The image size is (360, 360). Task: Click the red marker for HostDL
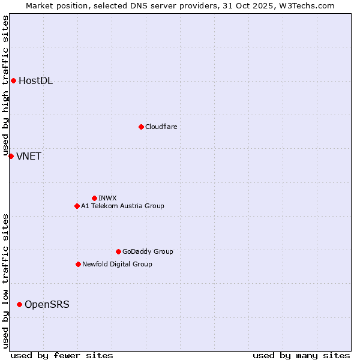(x=13, y=80)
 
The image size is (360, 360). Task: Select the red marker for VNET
(x=11, y=156)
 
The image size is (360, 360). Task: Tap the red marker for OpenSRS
(x=19, y=304)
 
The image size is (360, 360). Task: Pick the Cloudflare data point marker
(x=141, y=127)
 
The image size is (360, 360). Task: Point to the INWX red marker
(x=94, y=198)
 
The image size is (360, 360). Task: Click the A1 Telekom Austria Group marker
(x=77, y=206)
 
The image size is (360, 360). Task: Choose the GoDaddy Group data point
(x=118, y=251)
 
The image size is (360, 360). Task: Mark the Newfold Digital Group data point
(x=78, y=264)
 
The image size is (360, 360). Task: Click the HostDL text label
(x=35, y=81)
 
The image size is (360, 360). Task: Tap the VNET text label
(x=28, y=157)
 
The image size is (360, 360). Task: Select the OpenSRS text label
(x=47, y=305)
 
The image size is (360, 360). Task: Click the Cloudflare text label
(x=161, y=127)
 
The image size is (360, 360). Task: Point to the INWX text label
(x=107, y=198)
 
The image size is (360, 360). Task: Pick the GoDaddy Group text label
(x=148, y=252)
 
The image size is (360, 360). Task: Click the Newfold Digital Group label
(x=117, y=265)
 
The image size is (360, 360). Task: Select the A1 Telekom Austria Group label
(x=122, y=206)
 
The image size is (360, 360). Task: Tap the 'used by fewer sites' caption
(x=62, y=355)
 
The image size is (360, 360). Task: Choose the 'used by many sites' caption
(x=301, y=355)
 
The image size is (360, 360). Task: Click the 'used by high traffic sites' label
(x=5, y=85)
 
